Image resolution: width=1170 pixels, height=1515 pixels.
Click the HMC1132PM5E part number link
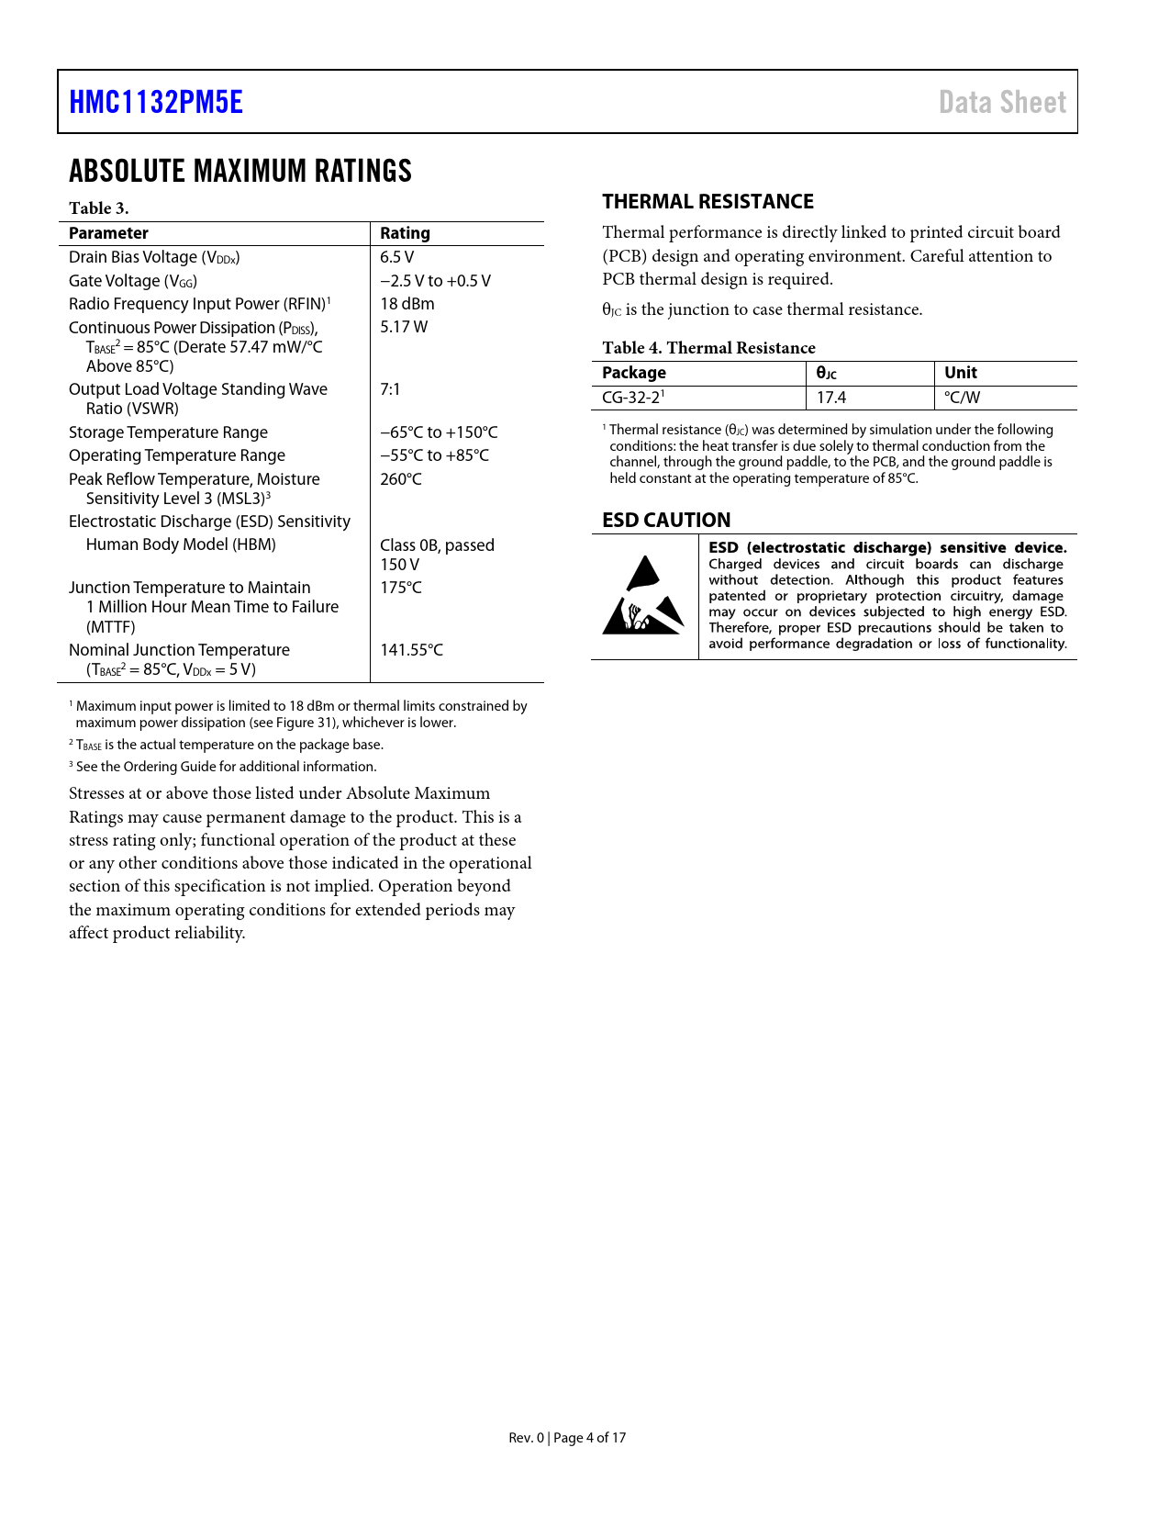pyautogui.click(x=156, y=102)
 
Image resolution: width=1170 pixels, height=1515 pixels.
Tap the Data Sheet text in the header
pyautogui.click(x=1002, y=102)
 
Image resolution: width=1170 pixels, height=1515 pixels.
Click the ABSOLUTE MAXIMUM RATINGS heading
pyautogui.click(x=240, y=172)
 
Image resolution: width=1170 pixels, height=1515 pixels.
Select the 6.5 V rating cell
pyautogui.click(x=396, y=257)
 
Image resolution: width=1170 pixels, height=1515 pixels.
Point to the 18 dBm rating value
pyautogui.click(x=407, y=304)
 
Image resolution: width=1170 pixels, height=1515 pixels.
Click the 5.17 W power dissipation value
pyautogui.click(x=404, y=327)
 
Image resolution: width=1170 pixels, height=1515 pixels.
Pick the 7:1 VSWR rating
pyautogui.click(x=390, y=389)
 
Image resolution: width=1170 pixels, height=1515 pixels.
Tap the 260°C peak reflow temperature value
pyautogui.click(x=401, y=479)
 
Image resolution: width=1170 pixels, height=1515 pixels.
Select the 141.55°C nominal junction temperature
pyautogui.click(x=411, y=650)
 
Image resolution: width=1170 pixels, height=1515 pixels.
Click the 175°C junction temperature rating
pyautogui.click(x=401, y=588)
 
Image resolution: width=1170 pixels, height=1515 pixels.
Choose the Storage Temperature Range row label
pyautogui.click(x=168, y=432)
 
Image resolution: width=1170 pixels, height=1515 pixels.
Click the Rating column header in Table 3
pyautogui.click(x=405, y=233)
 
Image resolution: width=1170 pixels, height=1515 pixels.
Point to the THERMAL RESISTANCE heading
pyautogui.click(x=708, y=202)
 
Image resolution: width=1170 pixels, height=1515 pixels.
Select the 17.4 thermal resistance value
pyautogui.click(x=831, y=398)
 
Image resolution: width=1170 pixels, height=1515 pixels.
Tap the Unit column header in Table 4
pyautogui.click(x=960, y=373)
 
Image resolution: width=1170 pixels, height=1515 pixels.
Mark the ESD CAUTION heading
pyautogui.click(x=666, y=521)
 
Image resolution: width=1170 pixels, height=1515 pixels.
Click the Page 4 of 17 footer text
pyautogui.click(x=590, y=1438)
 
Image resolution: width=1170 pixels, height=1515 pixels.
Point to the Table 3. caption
pyautogui.click(x=98, y=208)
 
